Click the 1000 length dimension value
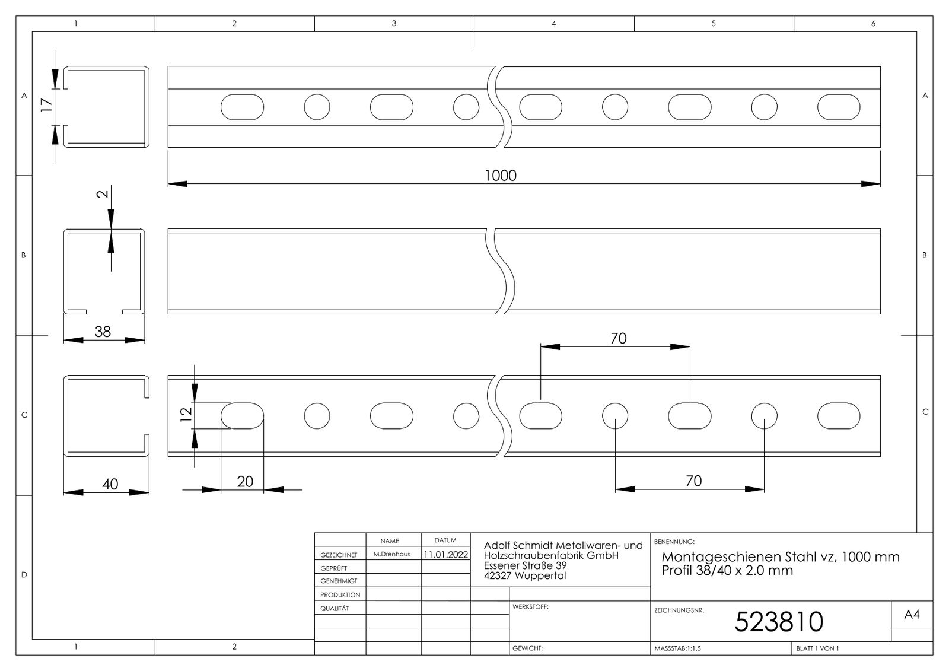coord(501,176)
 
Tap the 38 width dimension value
coord(103,331)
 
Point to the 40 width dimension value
coord(110,484)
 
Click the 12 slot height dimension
coord(186,414)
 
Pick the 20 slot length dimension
coord(245,481)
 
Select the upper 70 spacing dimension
coord(618,338)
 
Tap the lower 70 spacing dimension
coord(693,481)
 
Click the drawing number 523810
coord(779,622)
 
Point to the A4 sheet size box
coord(912,615)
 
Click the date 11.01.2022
coord(445,555)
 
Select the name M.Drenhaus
coord(391,554)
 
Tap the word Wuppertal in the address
coord(540,575)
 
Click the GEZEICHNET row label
coord(339,555)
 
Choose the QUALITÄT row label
coord(335,608)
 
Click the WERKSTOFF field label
coord(530,607)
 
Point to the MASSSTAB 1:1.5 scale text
coord(677,648)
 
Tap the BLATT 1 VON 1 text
coord(817,648)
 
